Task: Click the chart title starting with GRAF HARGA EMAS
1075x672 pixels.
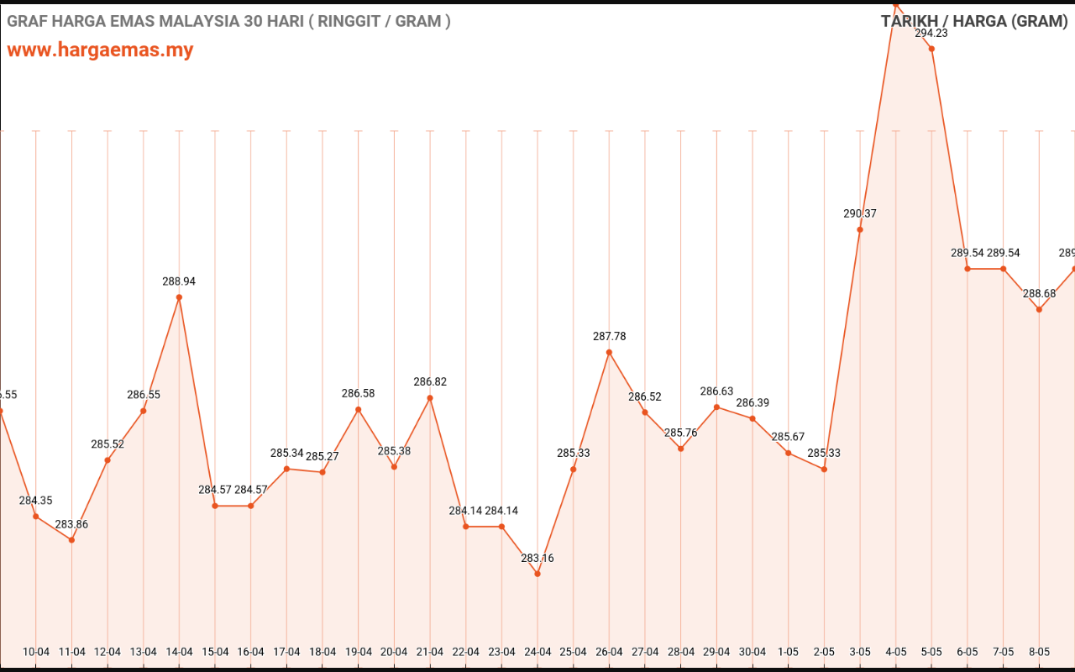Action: click(228, 21)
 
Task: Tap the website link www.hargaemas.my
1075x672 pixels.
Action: click(100, 50)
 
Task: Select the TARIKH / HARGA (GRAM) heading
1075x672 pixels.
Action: click(973, 21)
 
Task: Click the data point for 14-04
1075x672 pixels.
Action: click(179, 297)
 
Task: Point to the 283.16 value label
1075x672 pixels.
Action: click(537, 559)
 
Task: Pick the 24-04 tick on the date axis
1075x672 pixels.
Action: click(537, 652)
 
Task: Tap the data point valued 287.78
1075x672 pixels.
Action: click(609, 352)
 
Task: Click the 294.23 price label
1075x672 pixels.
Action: click(931, 34)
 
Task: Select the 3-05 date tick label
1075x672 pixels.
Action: click(860, 652)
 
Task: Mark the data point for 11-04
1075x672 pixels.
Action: click(71, 539)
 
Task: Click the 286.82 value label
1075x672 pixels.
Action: click(430, 382)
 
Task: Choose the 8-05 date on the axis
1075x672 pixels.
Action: click(1039, 652)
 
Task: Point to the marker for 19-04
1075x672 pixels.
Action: click(359, 410)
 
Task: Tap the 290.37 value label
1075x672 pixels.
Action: click(860, 214)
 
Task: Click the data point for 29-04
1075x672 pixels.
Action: click(716, 407)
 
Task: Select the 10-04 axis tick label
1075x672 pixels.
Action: click(36, 652)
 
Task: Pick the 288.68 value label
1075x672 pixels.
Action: click(1039, 294)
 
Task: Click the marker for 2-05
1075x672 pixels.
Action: click(824, 469)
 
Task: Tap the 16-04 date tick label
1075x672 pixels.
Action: click(250, 652)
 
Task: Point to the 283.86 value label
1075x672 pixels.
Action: click(71, 524)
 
